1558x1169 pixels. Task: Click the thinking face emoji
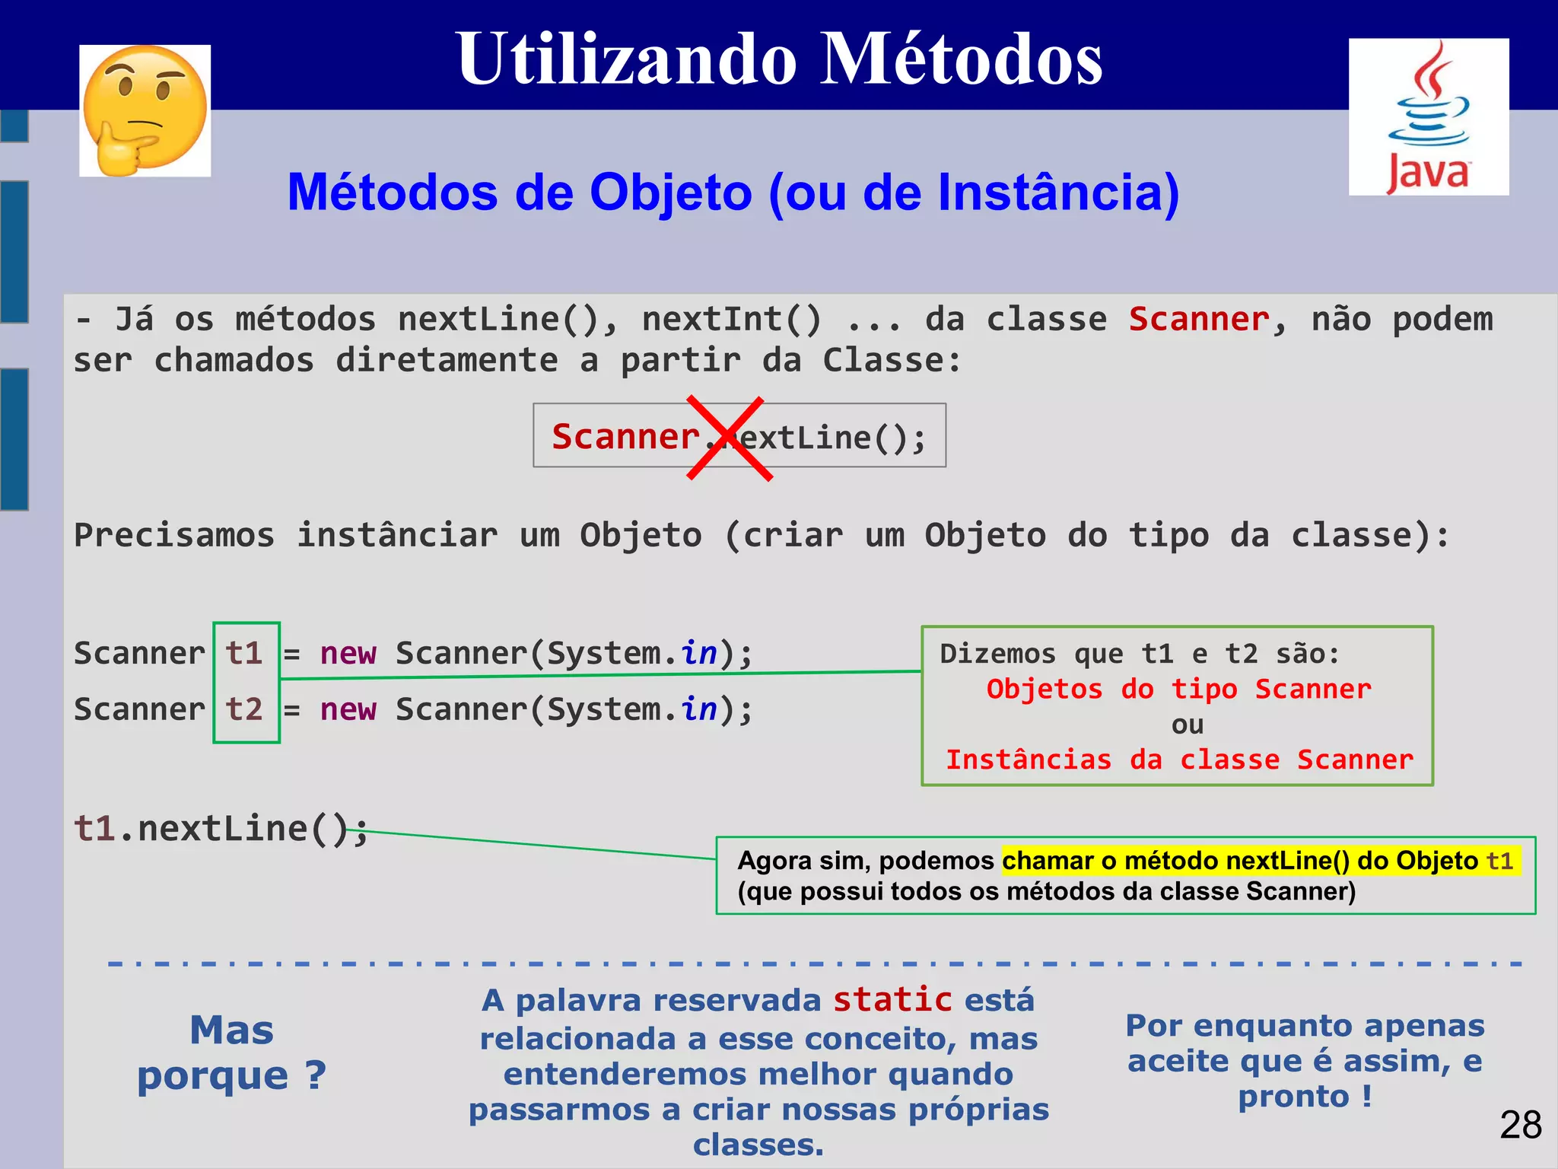tap(145, 110)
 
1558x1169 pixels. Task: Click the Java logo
tap(1429, 117)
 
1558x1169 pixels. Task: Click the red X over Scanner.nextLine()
tap(729, 438)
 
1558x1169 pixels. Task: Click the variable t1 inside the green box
tap(244, 654)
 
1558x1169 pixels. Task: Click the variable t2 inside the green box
tap(244, 710)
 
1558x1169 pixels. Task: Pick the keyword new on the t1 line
tap(348, 654)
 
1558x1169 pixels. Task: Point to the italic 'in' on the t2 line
tap(698, 710)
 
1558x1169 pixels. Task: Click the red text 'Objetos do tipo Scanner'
tap(1178, 690)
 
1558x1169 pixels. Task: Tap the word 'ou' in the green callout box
tap(1187, 725)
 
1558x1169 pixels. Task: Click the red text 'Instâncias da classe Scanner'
tap(1179, 760)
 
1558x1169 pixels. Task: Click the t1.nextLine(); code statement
tap(221, 829)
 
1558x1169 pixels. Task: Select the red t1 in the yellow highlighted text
tap(1499, 861)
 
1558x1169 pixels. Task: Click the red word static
tap(892, 1000)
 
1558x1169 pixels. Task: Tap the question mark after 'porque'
tap(316, 1075)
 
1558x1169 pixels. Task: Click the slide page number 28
tap(1520, 1125)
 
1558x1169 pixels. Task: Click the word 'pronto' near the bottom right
tap(1293, 1097)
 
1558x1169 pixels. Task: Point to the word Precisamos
tap(174, 536)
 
